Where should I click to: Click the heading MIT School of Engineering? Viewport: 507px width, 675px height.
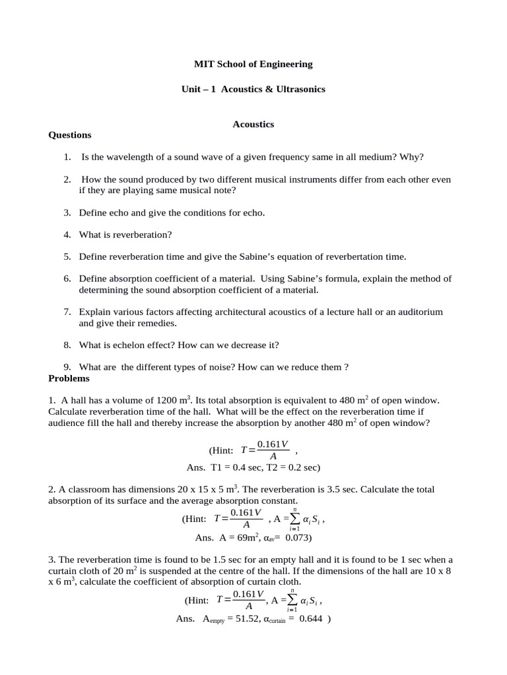[x=253, y=64]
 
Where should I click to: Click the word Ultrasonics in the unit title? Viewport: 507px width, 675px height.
[x=300, y=88]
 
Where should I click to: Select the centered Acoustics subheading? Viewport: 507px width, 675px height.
[x=253, y=124]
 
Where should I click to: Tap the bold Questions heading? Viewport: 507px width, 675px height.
[x=70, y=135]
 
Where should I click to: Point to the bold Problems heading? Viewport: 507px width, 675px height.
[x=69, y=378]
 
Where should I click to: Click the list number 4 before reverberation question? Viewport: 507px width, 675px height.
[x=67, y=235]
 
